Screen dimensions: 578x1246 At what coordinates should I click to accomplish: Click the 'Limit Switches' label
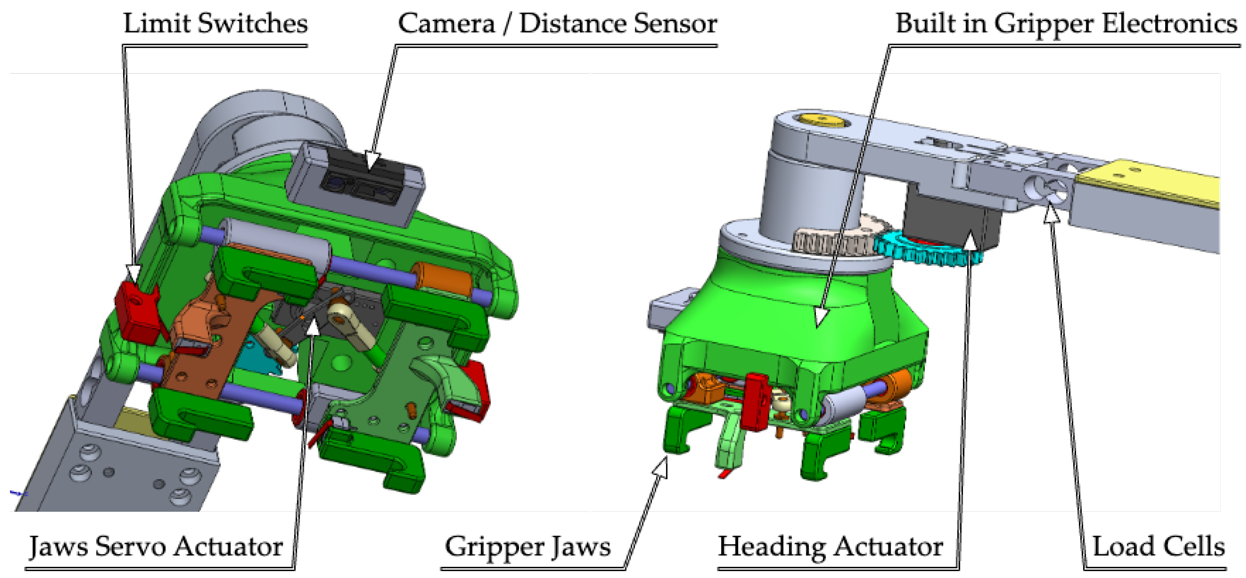pos(215,23)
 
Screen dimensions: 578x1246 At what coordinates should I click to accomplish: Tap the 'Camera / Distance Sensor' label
pos(557,23)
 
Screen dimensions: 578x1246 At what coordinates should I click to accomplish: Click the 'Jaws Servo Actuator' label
pos(156,546)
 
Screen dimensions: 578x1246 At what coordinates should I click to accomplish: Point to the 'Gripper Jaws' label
pos(527,546)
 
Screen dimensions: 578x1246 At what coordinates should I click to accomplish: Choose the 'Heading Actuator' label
pos(830,546)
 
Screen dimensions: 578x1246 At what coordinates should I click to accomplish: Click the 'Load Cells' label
pos(1159,546)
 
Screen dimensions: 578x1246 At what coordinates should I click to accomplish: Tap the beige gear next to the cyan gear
pos(837,240)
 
